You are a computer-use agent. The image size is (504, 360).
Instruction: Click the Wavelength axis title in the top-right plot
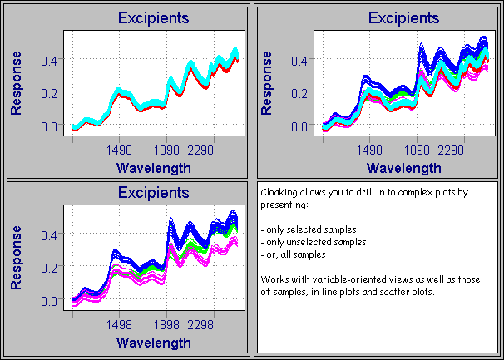click(x=403, y=167)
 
